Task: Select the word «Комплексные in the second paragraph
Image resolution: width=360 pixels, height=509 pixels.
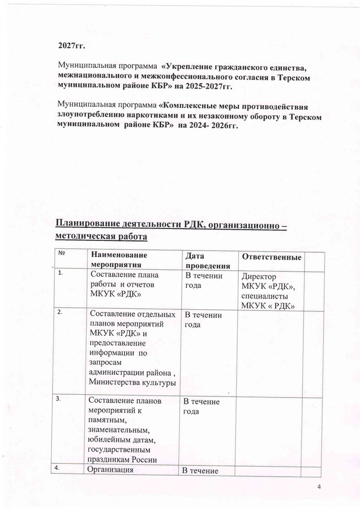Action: pyautogui.click(x=190, y=105)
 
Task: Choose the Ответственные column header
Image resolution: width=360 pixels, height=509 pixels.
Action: pyautogui.click(x=271, y=257)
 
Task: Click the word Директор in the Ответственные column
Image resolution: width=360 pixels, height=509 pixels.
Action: pyautogui.click(x=258, y=278)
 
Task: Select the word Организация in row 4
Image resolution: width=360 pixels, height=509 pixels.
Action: pyautogui.click(x=111, y=471)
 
